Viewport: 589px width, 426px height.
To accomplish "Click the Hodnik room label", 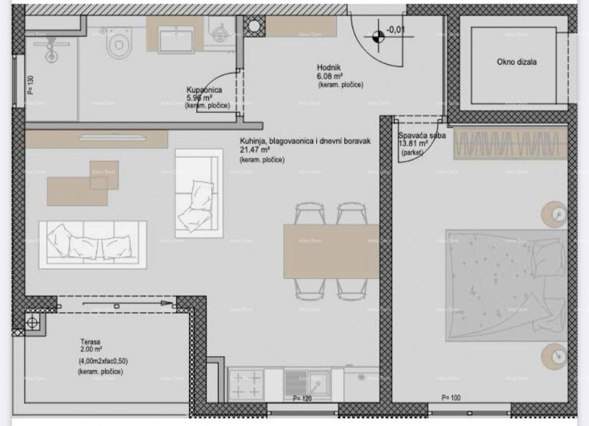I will click(x=329, y=68).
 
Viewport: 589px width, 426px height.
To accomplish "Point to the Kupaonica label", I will click(x=205, y=90).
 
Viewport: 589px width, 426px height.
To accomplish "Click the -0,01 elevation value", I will click(x=396, y=29).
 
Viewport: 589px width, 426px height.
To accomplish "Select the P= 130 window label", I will click(x=30, y=84).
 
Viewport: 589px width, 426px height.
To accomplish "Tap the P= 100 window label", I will click(x=451, y=398).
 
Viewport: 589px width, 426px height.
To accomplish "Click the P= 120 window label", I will click(x=302, y=399).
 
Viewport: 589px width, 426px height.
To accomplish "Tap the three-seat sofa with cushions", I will click(x=93, y=244).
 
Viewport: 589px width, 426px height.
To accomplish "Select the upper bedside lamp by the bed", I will click(x=555, y=214).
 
